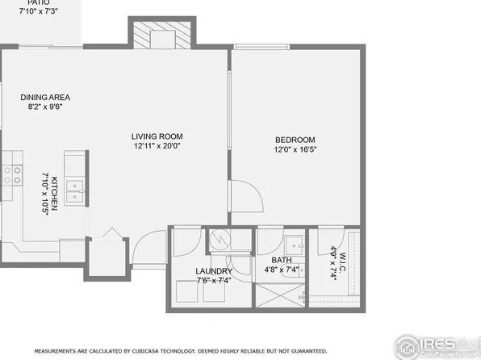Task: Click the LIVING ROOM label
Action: [x=158, y=136]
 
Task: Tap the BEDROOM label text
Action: [x=295, y=140]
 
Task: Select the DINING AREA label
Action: [x=45, y=98]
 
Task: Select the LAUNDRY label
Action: [x=213, y=271]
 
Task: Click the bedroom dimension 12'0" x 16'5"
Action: [x=295, y=149]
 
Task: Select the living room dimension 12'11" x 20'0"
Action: [x=158, y=146]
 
